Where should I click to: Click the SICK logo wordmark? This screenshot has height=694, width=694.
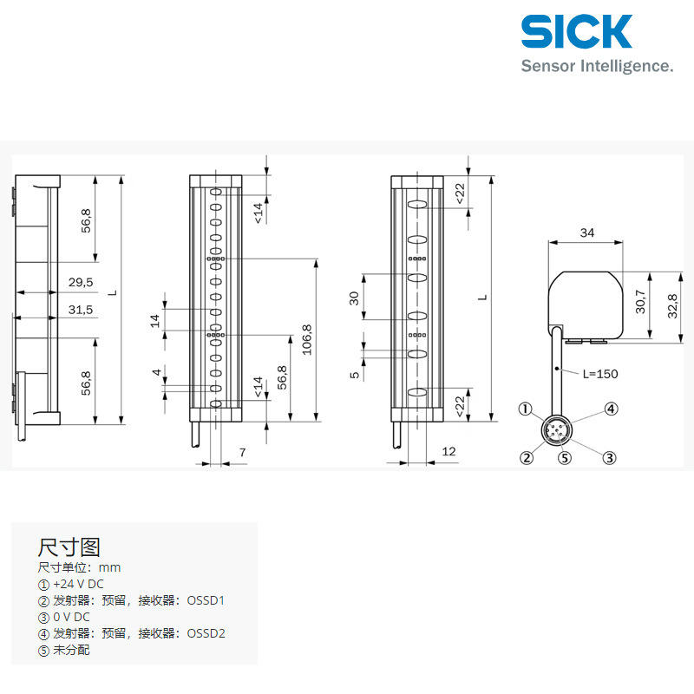576,31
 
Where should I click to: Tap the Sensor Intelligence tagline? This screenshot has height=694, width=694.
597,66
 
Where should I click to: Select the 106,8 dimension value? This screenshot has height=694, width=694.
307,340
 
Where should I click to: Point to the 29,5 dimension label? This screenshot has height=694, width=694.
81,282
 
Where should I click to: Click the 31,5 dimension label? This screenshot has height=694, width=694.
81,310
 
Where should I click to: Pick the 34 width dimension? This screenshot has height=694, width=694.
587,232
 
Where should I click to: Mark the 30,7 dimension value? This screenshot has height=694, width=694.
640,301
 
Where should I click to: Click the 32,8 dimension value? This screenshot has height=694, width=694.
672,306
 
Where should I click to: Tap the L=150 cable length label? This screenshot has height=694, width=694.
600,374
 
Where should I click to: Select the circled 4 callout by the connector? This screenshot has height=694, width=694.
612,409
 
